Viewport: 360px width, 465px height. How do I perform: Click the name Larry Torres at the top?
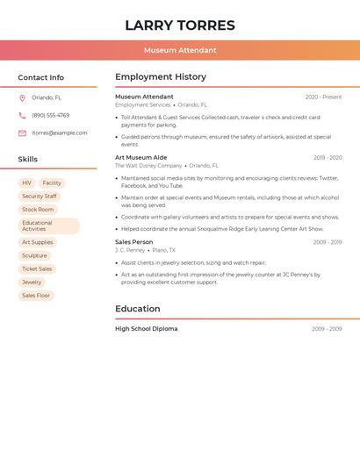click(x=180, y=25)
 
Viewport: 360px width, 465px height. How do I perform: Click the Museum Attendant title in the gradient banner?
click(x=180, y=50)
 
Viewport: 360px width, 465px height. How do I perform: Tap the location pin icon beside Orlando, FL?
click(x=22, y=98)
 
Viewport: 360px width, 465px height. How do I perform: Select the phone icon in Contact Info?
click(x=22, y=116)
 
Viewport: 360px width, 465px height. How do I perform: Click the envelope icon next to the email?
click(x=22, y=133)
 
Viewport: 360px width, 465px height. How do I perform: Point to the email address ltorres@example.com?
click(x=60, y=133)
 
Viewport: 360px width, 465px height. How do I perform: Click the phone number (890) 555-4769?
click(x=50, y=116)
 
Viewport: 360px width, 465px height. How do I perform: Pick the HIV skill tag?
click(x=27, y=183)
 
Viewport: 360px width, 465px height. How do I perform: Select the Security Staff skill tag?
click(x=40, y=197)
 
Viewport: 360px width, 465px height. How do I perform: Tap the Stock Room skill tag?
click(x=38, y=210)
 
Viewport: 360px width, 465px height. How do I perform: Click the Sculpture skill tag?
click(x=35, y=256)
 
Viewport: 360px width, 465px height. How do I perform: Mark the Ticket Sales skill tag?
click(x=37, y=269)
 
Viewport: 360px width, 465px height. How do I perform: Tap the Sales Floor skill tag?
click(x=36, y=296)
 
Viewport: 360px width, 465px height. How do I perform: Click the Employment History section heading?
click(x=161, y=77)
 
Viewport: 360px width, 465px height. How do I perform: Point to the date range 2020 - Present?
click(x=323, y=97)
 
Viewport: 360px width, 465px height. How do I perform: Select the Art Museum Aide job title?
click(x=140, y=158)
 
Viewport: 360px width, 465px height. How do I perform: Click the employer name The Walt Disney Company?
click(x=148, y=166)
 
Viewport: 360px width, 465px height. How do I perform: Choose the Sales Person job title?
click(x=133, y=242)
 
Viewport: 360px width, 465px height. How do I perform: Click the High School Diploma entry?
click(x=146, y=329)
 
